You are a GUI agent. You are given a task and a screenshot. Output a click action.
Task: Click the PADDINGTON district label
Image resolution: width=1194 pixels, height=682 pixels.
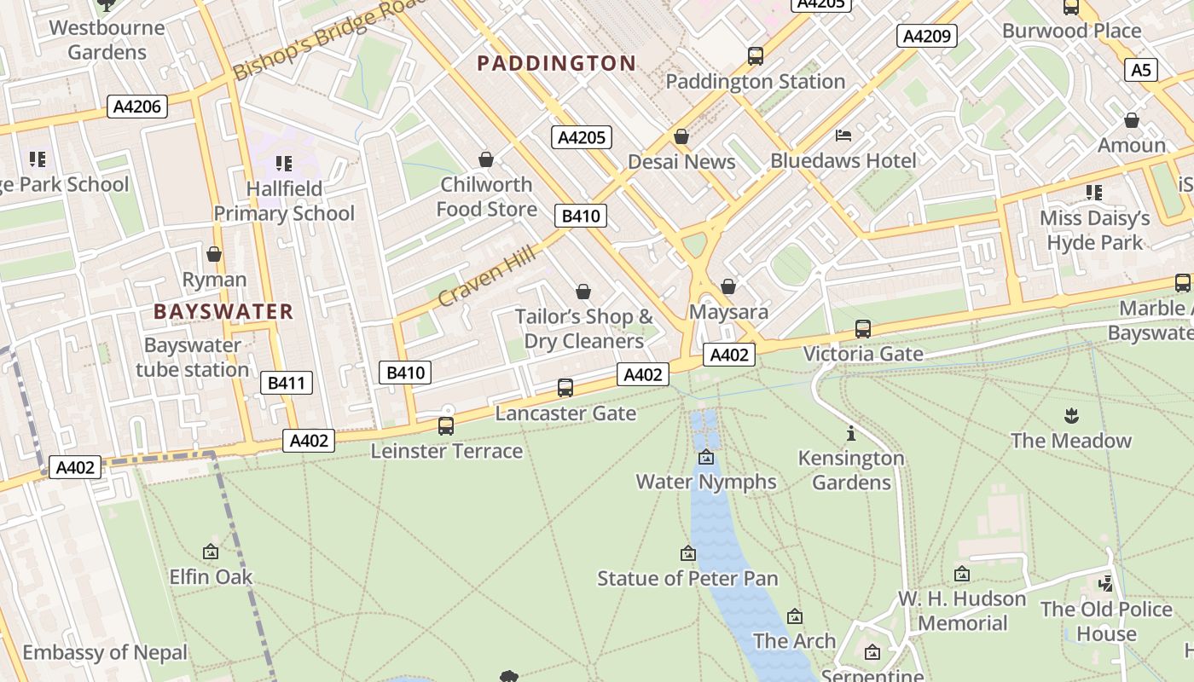556,63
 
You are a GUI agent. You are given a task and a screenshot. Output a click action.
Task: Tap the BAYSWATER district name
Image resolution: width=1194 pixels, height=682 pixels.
223,311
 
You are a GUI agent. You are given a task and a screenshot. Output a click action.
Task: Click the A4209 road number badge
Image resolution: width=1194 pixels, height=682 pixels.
926,36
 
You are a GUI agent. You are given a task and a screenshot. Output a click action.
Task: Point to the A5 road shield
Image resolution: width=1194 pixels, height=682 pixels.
1141,70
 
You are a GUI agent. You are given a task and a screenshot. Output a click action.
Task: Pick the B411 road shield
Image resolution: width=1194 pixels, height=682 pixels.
286,383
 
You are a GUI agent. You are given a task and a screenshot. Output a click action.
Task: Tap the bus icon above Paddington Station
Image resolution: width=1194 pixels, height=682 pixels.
755,56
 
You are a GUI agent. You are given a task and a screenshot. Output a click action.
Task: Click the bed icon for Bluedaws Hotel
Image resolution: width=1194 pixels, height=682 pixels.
843,136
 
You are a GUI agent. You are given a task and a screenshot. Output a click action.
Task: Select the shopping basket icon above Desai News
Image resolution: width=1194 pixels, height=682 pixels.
681,136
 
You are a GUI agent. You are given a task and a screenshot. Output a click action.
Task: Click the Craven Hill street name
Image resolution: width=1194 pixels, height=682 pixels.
487,275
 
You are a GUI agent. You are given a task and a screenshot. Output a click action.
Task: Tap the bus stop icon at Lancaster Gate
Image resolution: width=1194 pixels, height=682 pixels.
565,388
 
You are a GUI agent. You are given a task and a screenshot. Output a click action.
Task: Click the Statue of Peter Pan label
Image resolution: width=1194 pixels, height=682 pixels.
687,578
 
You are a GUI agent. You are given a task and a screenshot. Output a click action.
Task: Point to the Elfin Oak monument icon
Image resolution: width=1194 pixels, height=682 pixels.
211,552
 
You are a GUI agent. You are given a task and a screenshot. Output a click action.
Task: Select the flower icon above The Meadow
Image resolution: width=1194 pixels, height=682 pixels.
1071,415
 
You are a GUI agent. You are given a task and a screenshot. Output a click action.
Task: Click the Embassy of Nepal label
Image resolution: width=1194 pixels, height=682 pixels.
104,653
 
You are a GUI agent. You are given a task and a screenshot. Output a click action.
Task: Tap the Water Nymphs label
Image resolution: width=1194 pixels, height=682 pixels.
706,482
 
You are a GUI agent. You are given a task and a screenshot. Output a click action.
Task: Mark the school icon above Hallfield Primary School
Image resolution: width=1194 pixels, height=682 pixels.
284,163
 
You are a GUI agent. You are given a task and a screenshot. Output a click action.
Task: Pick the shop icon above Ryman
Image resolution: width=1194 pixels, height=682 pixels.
214,254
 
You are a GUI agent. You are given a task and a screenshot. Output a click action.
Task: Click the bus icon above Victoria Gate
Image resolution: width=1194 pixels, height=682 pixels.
862,328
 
